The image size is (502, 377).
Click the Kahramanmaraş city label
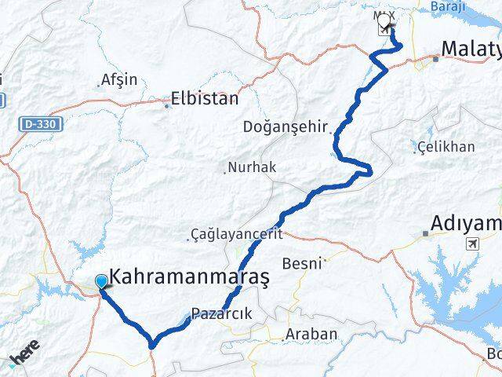pos(190,277)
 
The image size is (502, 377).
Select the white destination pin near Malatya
pos(385,24)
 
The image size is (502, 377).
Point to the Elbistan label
pos(206,100)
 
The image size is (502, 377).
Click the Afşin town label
pos(119,79)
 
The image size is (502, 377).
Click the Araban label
pos(311,334)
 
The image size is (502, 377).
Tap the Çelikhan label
pos(446,147)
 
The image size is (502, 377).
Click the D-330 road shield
pos(42,124)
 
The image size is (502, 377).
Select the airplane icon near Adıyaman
pos(473,243)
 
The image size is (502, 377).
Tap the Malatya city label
pos(471,49)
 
